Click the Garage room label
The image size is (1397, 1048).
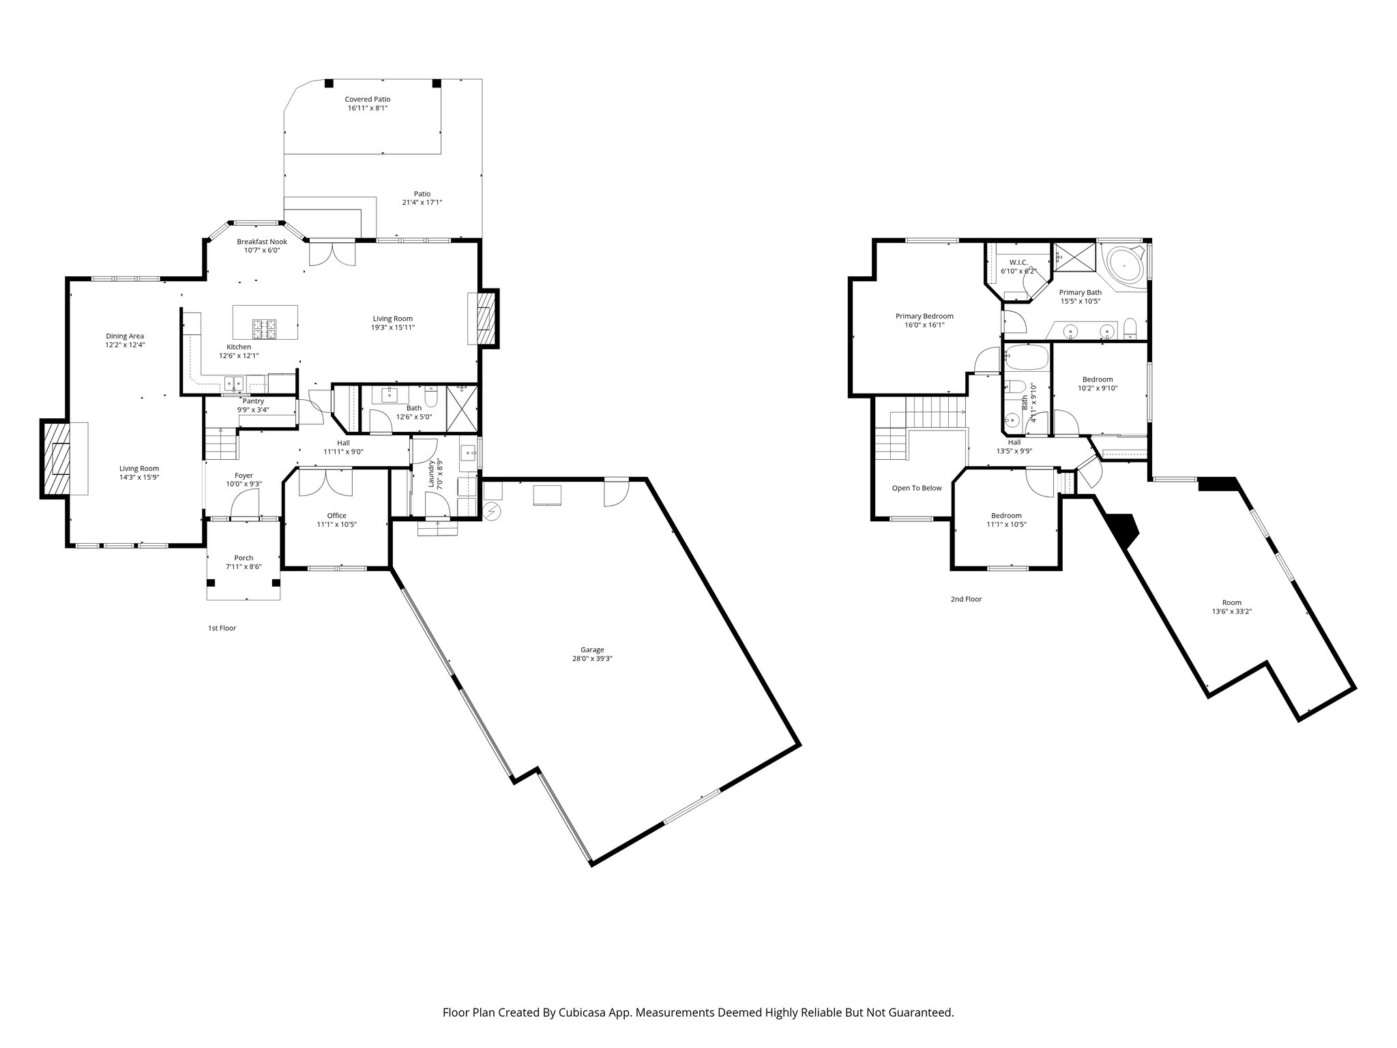tap(592, 650)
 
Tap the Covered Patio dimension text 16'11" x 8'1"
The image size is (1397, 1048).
tap(368, 108)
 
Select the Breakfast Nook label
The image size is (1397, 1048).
tap(262, 242)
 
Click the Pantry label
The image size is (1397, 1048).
tap(253, 401)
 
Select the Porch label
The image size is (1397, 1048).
tap(244, 557)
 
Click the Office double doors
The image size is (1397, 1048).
tap(325, 483)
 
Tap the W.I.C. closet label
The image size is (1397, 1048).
tap(1018, 262)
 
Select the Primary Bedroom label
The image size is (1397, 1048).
tap(924, 316)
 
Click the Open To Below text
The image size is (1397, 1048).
tap(917, 488)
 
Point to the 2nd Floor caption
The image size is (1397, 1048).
tap(966, 599)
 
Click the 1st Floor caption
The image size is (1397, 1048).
tap(222, 628)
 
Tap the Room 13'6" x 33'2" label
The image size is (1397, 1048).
tap(1231, 602)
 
